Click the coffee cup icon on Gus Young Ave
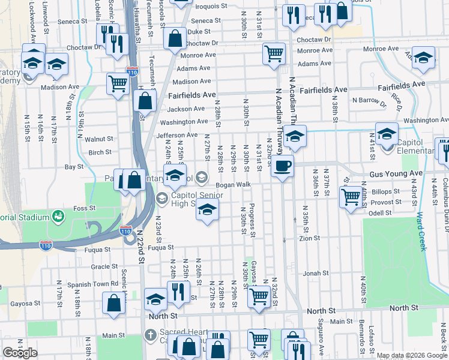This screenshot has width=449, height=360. (282, 165)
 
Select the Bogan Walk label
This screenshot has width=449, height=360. (233, 185)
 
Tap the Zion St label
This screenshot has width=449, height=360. (310, 238)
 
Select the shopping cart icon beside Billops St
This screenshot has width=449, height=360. (351, 196)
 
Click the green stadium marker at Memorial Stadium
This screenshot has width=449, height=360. (58, 215)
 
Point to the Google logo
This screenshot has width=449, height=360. (20, 353)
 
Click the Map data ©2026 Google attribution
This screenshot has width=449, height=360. (412, 355)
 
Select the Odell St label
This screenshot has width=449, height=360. (379, 212)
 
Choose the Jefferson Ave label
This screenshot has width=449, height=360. (177, 135)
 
